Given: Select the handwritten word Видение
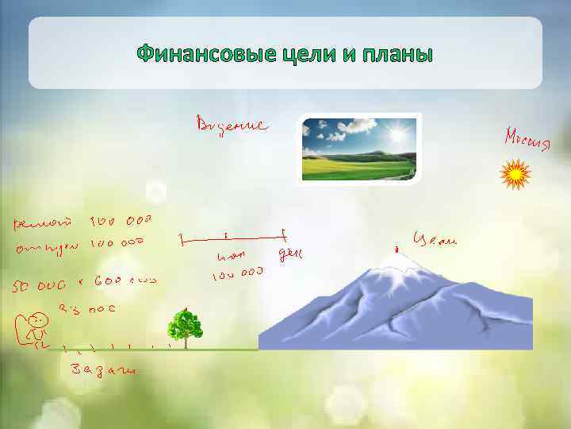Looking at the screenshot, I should [x=232, y=125].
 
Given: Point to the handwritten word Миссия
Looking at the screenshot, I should [x=526, y=140].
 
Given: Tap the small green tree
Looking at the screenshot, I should [x=185, y=326].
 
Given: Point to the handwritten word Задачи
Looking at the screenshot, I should [x=103, y=370].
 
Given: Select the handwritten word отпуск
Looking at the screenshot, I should [x=47, y=248].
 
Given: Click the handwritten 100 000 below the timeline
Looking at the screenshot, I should [x=236, y=275].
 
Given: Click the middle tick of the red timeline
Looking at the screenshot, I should [x=227, y=236].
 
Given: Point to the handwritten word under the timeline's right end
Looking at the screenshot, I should [x=291, y=254].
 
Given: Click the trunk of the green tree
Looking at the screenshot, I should [x=185, y=342].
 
